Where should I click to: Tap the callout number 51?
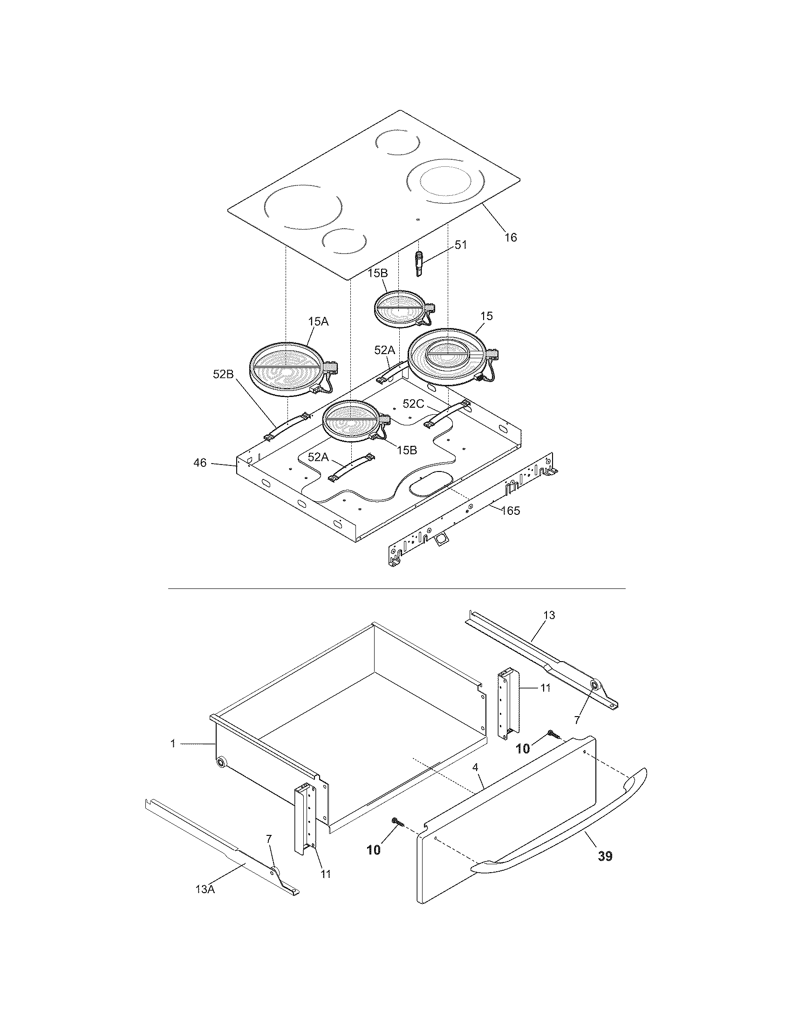[461, 245]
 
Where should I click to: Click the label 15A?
[318, 321]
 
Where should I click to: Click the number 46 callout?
[200, 463]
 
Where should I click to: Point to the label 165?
[511, 511]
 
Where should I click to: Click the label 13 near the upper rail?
[549, 615]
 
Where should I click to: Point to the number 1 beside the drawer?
[173, 744]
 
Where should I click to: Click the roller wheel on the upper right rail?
[594, 686]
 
